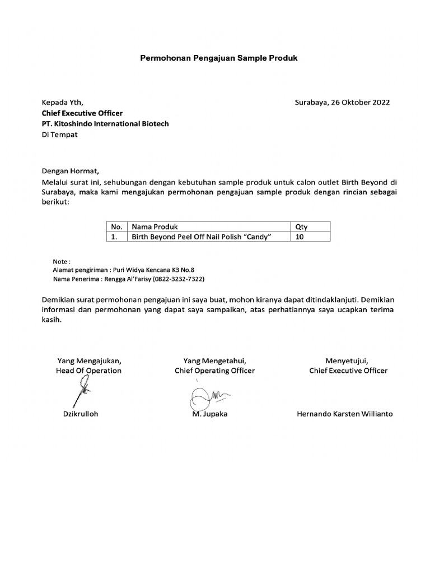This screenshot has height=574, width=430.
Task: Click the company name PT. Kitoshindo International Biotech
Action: click(x=105, y=124)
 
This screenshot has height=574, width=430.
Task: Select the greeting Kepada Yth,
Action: click(x=62, y=103)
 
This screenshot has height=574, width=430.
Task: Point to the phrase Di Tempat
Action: click(x=60, y=135)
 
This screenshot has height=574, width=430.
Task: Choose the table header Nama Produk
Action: click(x=155, y=227)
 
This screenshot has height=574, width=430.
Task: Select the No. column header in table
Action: click(x=116, y=227)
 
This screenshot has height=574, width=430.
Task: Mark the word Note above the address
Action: click(x=61, y=261)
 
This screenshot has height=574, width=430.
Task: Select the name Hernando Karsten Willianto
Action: click(x=344, y=414)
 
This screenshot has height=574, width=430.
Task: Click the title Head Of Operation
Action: click(x=88, y=371)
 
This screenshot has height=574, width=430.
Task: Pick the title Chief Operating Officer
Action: click(x=214, y=371)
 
